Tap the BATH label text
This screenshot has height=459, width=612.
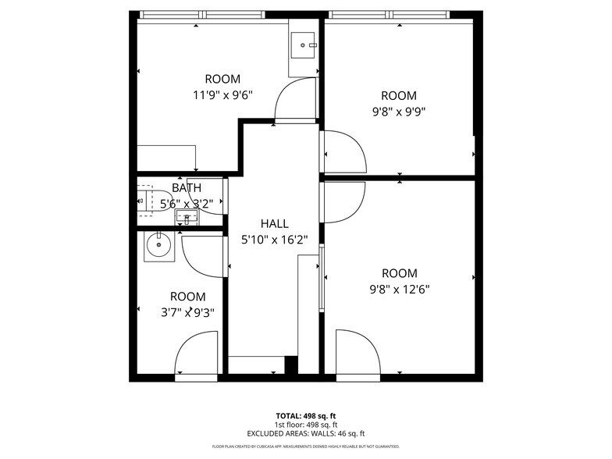(x=187, y=188)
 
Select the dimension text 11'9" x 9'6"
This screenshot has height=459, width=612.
(x=222, y=95)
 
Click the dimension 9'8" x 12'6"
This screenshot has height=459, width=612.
(x=399, y=289)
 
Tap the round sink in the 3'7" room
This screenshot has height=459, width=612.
(x=159, y=246)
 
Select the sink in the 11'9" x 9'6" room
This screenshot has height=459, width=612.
(x=302, y=45)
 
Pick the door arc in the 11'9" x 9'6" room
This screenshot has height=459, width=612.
(x=295, y=101)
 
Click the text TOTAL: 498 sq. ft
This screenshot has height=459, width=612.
(x=305, y=415)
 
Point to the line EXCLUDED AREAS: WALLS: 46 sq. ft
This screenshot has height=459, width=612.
(x=305, y=433)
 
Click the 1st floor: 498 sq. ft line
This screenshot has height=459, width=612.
(x=305, y=425)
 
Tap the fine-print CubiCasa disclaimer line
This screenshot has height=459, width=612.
(x=305, y=447)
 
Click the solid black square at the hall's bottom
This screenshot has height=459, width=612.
(x=291, y=365)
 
